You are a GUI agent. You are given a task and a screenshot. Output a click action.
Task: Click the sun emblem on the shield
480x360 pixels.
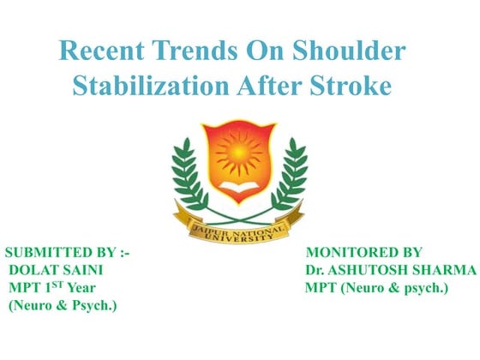238,154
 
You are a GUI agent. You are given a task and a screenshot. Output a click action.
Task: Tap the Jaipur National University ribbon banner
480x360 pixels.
238,223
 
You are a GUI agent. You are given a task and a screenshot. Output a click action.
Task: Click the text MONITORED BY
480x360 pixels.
363,252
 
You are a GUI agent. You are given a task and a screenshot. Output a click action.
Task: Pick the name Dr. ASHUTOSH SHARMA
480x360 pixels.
390,270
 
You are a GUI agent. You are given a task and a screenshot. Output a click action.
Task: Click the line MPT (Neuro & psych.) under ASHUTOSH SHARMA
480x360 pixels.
376,288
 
